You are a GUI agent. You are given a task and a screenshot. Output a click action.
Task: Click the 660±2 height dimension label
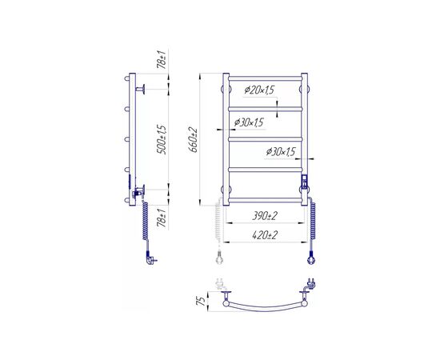pyautogui.click(x=194, y=140)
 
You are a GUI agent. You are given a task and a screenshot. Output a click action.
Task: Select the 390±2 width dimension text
pyautogui.click(x=265, y=216)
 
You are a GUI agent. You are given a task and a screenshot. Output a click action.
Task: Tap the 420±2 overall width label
pyautogui.click(x=265, y=234)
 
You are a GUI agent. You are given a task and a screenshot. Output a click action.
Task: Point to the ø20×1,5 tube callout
pyautogui.click(x=259, y=90)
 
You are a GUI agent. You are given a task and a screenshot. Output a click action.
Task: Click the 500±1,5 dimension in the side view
pyautogui.click(x=162, y=139)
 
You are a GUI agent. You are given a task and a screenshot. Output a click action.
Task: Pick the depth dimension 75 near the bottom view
pyautogui.click(x=201, y=302)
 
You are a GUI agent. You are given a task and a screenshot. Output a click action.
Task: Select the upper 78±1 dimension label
pyautogui.click(x=162, y=59)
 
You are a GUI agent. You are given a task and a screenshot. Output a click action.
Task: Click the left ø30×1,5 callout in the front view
pyautogui.click(x=249, y=122)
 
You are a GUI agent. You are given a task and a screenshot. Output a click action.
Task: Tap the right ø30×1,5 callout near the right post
pyautogui.click(x=281, y=152)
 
